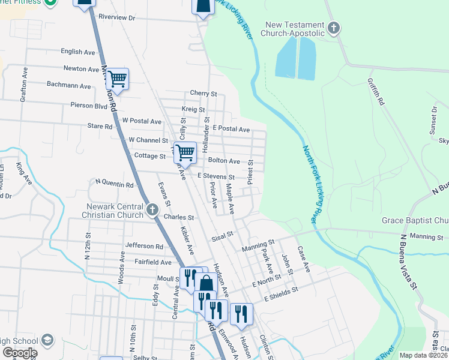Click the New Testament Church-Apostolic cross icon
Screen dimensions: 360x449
pyautogui.click(x=334, y=28)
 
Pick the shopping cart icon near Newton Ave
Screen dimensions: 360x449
pyautogui.click(x=117, y=78)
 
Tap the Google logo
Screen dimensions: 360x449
pyautogui.click(x=20, y=353)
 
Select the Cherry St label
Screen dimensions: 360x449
pyautogui.click(x=203, y=94)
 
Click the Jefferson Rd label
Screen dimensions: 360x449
pyautogui.click(x=144, y=246)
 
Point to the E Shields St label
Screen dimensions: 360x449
pyautogui.click(x=280, y=290)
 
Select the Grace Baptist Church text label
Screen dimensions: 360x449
pyautogui.click(x=415, y=220)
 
